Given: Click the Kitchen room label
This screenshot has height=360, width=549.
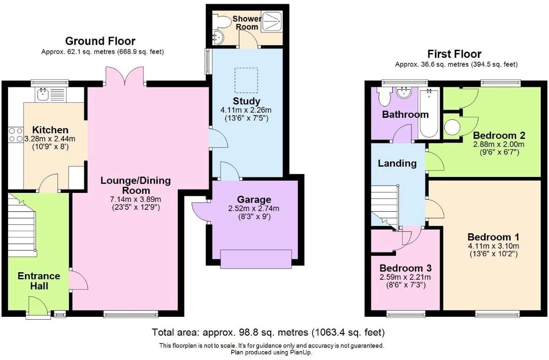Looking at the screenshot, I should (50, 130).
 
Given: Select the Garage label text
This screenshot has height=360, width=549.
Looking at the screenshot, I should (254, 199).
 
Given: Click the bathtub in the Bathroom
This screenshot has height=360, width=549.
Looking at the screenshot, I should (429, 115).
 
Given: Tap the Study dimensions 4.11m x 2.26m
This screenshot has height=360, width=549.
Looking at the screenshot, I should (246, 110).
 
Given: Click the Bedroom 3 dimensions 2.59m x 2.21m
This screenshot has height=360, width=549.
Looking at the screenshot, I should (405, 277).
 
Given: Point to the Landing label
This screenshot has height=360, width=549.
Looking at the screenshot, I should (397, 163).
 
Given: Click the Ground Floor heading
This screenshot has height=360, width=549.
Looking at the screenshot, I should (100, 41).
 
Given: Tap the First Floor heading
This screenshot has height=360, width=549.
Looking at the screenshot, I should (454, 54).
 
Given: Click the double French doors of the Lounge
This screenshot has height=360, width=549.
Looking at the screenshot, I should (125, 77).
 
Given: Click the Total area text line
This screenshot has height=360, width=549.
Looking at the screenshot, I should (268, 333).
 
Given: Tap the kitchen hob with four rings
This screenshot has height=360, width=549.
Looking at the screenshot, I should (16, 135).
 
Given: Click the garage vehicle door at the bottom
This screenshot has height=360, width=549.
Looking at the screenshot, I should (256, 259).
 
